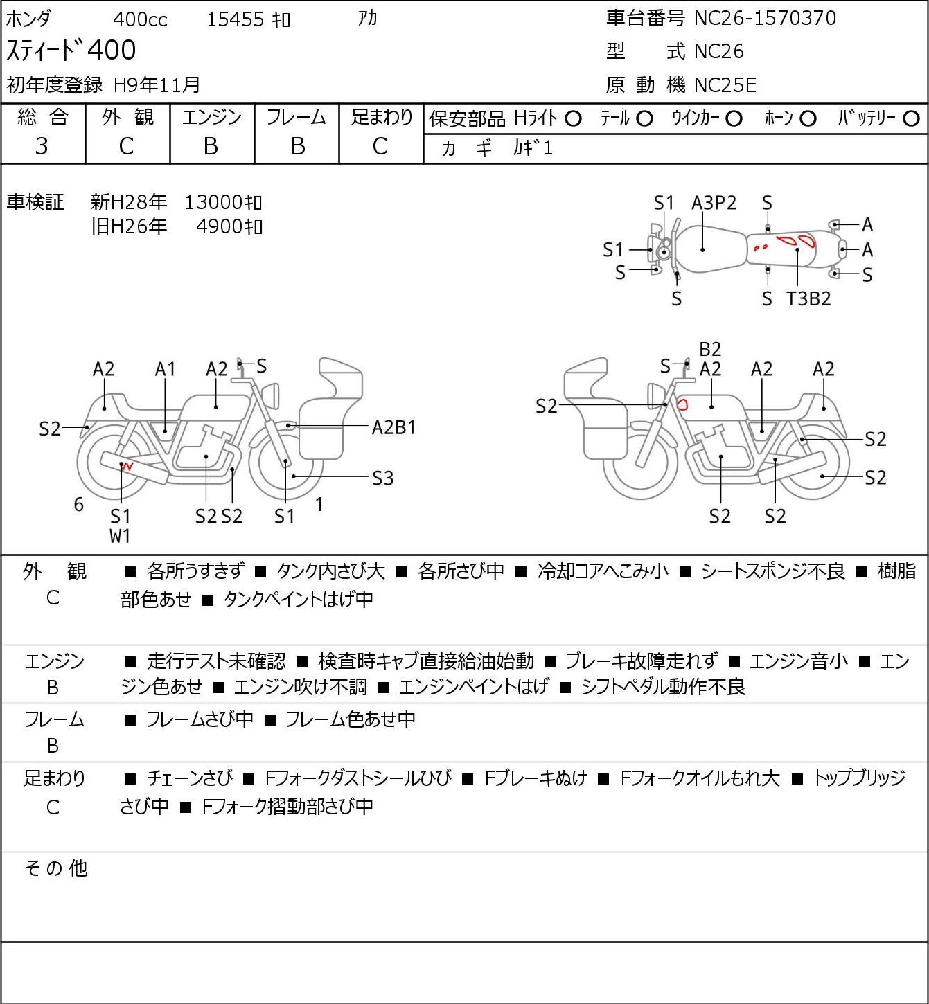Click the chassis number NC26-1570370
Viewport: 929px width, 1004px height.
(x=765, y=19)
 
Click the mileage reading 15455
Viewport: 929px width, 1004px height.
(x=236, y=19)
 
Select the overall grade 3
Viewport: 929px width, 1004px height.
(x=42, y=147)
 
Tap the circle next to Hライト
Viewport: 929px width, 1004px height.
(x=573, y=119)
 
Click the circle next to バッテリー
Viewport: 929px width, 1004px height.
(x=911, y=119)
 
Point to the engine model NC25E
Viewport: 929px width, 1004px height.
(x=725, y=85)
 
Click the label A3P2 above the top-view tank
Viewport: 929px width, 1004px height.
(x=714, y=204)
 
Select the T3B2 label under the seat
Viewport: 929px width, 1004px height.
(x=808, y=298)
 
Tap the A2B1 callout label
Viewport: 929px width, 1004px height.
(x=393, y=428)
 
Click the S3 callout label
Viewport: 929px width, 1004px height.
(x=382, y=478)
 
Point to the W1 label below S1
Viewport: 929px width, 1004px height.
(x=120, y=536)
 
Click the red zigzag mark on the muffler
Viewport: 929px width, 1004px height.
(x=127, y=465)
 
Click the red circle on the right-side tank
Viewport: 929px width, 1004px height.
(x=682, y=404)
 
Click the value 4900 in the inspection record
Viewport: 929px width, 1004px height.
(x=219, y=227)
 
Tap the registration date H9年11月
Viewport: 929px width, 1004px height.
(x=157, y=85)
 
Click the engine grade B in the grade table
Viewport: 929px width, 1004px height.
(x=211, y=147)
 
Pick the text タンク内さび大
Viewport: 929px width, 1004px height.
(x=330, y=571)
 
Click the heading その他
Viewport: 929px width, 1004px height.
(x=56, y=868)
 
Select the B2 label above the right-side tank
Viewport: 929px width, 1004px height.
(x=710, y=350)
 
